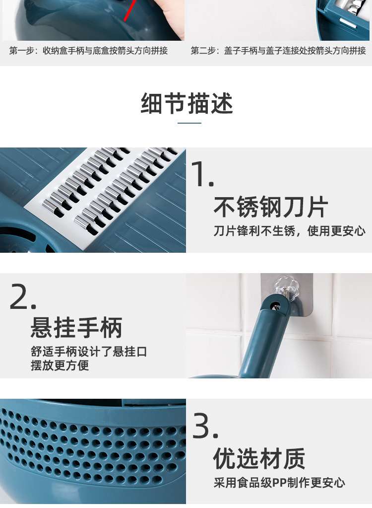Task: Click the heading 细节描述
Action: [x=187, y=104]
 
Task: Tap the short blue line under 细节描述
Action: [x=189, y=123]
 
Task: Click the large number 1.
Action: [x=202, y=174]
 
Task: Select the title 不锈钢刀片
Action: [x=271, y=207]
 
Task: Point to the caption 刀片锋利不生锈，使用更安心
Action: [x=290, y=231]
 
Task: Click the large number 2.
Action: [x=23, y=297]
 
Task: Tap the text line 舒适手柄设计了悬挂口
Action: [x=89, y=352]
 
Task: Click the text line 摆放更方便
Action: [x=60, y=365]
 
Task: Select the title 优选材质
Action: [x=259, y=458]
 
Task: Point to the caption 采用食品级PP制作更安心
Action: [x=279, y=482]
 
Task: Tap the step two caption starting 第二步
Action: [x=278, y=51]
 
